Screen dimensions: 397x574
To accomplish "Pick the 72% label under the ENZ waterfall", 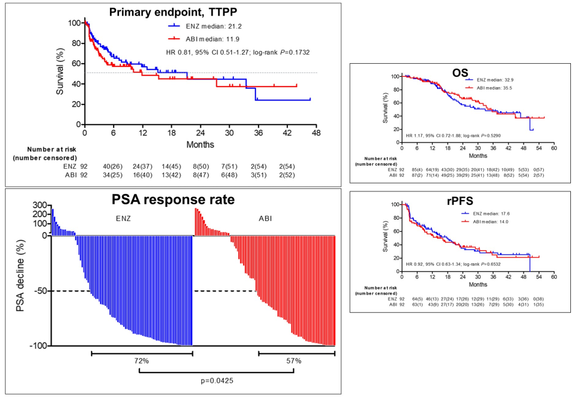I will [x=141, y=361].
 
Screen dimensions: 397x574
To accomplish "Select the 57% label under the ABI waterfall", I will [x=293, y=361].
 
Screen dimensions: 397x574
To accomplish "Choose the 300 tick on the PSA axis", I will [x=39, y=205].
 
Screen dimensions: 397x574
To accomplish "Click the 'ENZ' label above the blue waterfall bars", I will [x=123, y=217].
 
